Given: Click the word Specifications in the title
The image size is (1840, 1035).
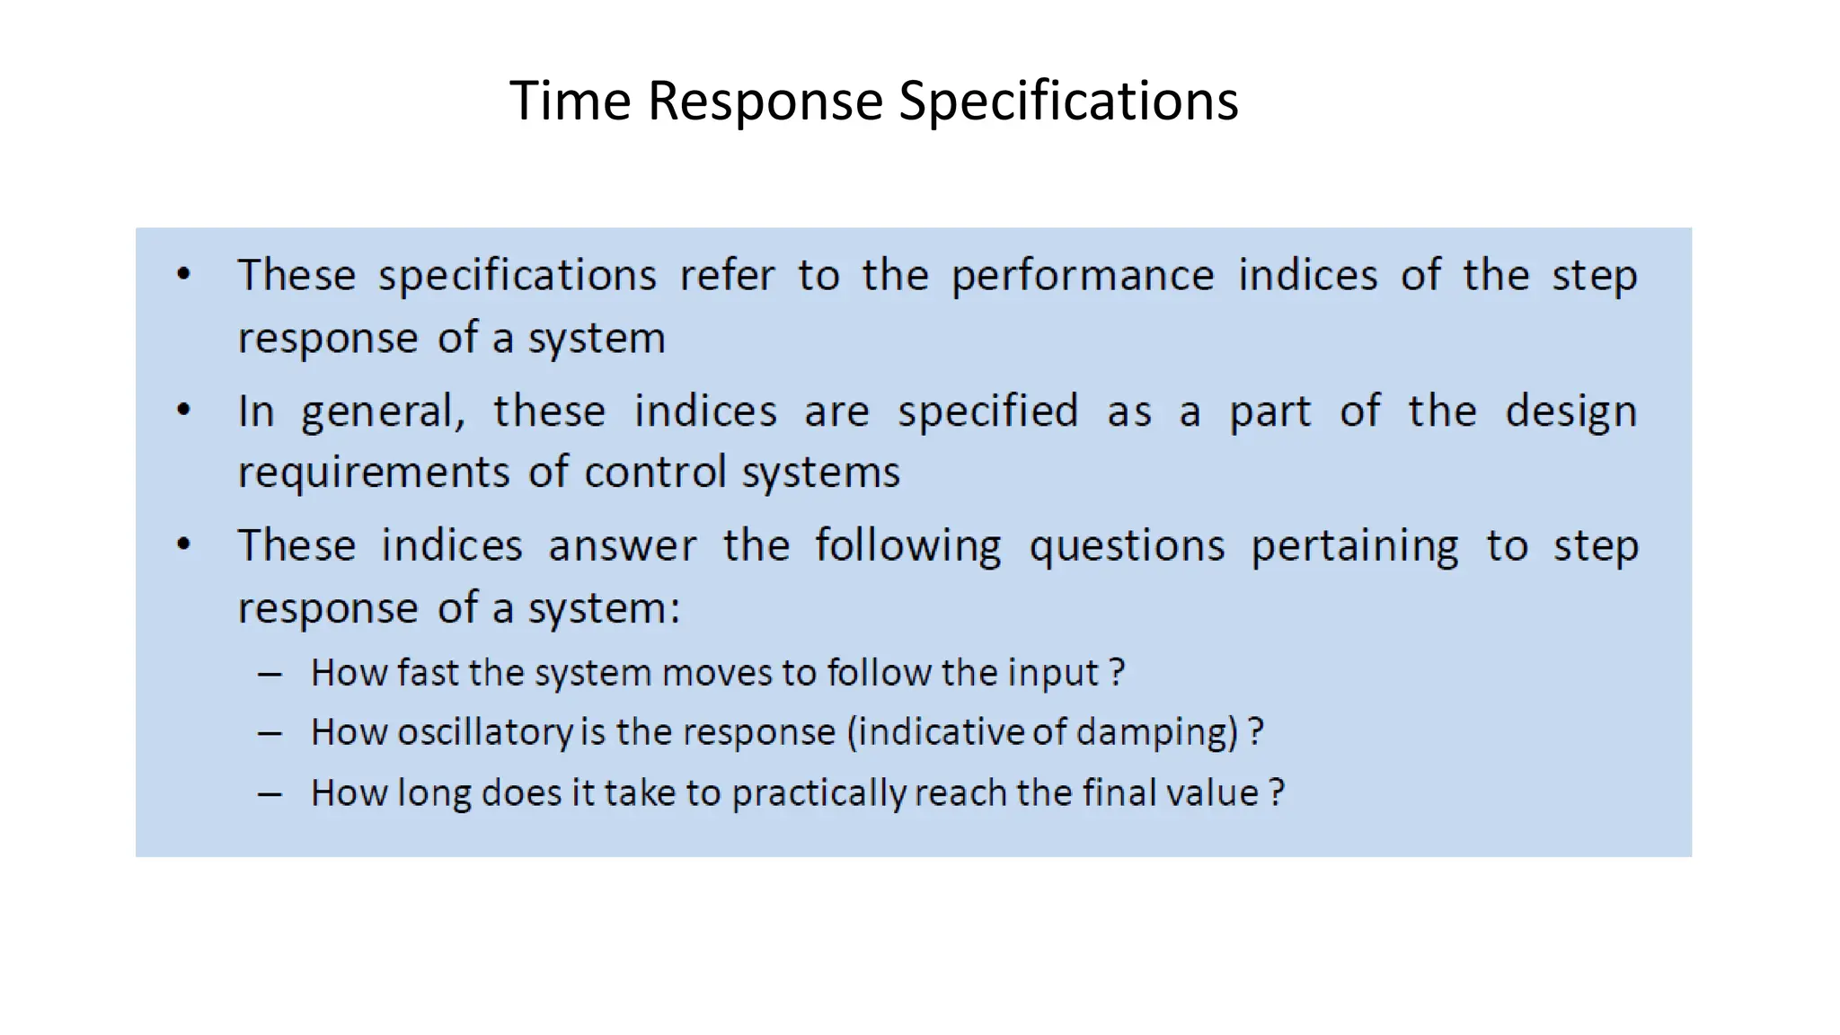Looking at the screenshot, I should pos(1068,100).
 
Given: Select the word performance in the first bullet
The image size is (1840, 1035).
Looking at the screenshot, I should pos(1083,275).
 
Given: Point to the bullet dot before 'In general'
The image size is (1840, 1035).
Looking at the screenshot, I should pos(184,411).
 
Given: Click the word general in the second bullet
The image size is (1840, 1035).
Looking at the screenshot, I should pos(383,412).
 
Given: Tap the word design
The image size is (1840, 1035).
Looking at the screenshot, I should pos(1570,412).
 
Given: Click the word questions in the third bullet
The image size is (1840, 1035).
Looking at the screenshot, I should pos(1127,546).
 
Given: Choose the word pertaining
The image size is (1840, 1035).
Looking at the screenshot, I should pos(1355,546).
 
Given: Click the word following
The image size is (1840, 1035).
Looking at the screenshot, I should pos(907,546).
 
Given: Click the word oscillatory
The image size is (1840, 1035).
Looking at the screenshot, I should pos(484,732).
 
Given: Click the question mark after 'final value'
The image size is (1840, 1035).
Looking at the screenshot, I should pos(1277,792).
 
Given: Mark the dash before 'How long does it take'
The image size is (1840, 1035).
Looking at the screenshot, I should pos(270,794).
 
